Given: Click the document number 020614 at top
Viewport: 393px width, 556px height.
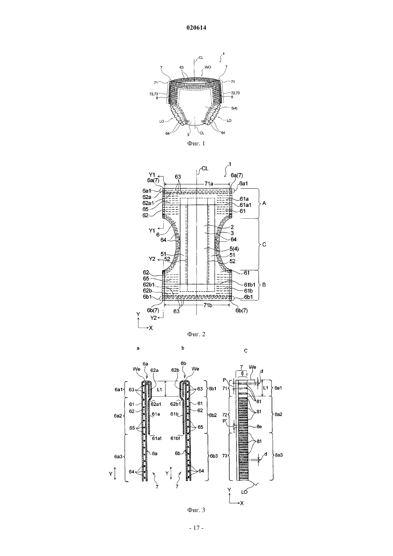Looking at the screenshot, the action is pos(196,28).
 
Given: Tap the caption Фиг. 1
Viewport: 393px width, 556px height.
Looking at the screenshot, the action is pos(196,144).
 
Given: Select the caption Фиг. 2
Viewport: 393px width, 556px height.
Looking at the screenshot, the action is pos(196,334).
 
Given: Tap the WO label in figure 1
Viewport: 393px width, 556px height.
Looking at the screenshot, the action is pos(208,67).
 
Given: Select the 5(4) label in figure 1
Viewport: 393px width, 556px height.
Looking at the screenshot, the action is pos(234,108).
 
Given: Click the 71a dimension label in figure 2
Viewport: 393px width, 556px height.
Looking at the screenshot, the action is pos(209,184).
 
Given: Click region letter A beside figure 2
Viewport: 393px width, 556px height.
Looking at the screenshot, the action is pos(264,203).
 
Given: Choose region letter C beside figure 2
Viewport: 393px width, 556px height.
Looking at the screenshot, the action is pos(264,244).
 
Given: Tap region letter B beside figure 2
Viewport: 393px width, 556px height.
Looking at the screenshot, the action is pos(264,285).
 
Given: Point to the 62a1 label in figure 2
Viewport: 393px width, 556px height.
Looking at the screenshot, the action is pos(149,203).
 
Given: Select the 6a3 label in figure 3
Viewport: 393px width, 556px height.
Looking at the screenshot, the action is pos(118,456).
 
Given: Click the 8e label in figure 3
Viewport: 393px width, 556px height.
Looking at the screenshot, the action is pos(259,427).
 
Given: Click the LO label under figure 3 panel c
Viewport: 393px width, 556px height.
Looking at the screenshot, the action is pos(244,492).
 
